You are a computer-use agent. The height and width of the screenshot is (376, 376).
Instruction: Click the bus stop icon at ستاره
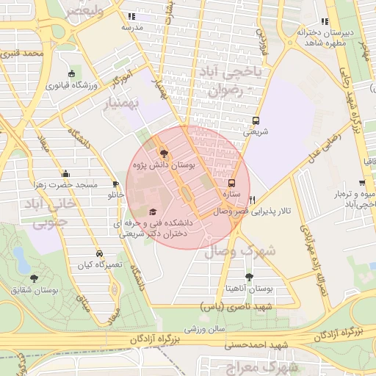click(233, 184)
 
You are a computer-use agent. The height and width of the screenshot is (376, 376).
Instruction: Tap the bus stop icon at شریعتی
click(256, 120)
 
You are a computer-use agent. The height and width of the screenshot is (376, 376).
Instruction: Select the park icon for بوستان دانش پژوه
click(163, 154)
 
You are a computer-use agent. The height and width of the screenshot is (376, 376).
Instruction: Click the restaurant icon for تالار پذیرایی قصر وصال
click(253, 199)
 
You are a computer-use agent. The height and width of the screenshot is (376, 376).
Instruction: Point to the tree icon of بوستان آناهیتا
click(250, 277)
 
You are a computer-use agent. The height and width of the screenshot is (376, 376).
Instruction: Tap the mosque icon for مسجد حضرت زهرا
click(66, 174)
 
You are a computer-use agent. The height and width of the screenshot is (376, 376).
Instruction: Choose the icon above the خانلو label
click(115, 184)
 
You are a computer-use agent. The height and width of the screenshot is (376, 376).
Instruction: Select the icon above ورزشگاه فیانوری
click(71, 74)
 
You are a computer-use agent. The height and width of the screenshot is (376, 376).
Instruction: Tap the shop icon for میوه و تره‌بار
click(362, 183)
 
